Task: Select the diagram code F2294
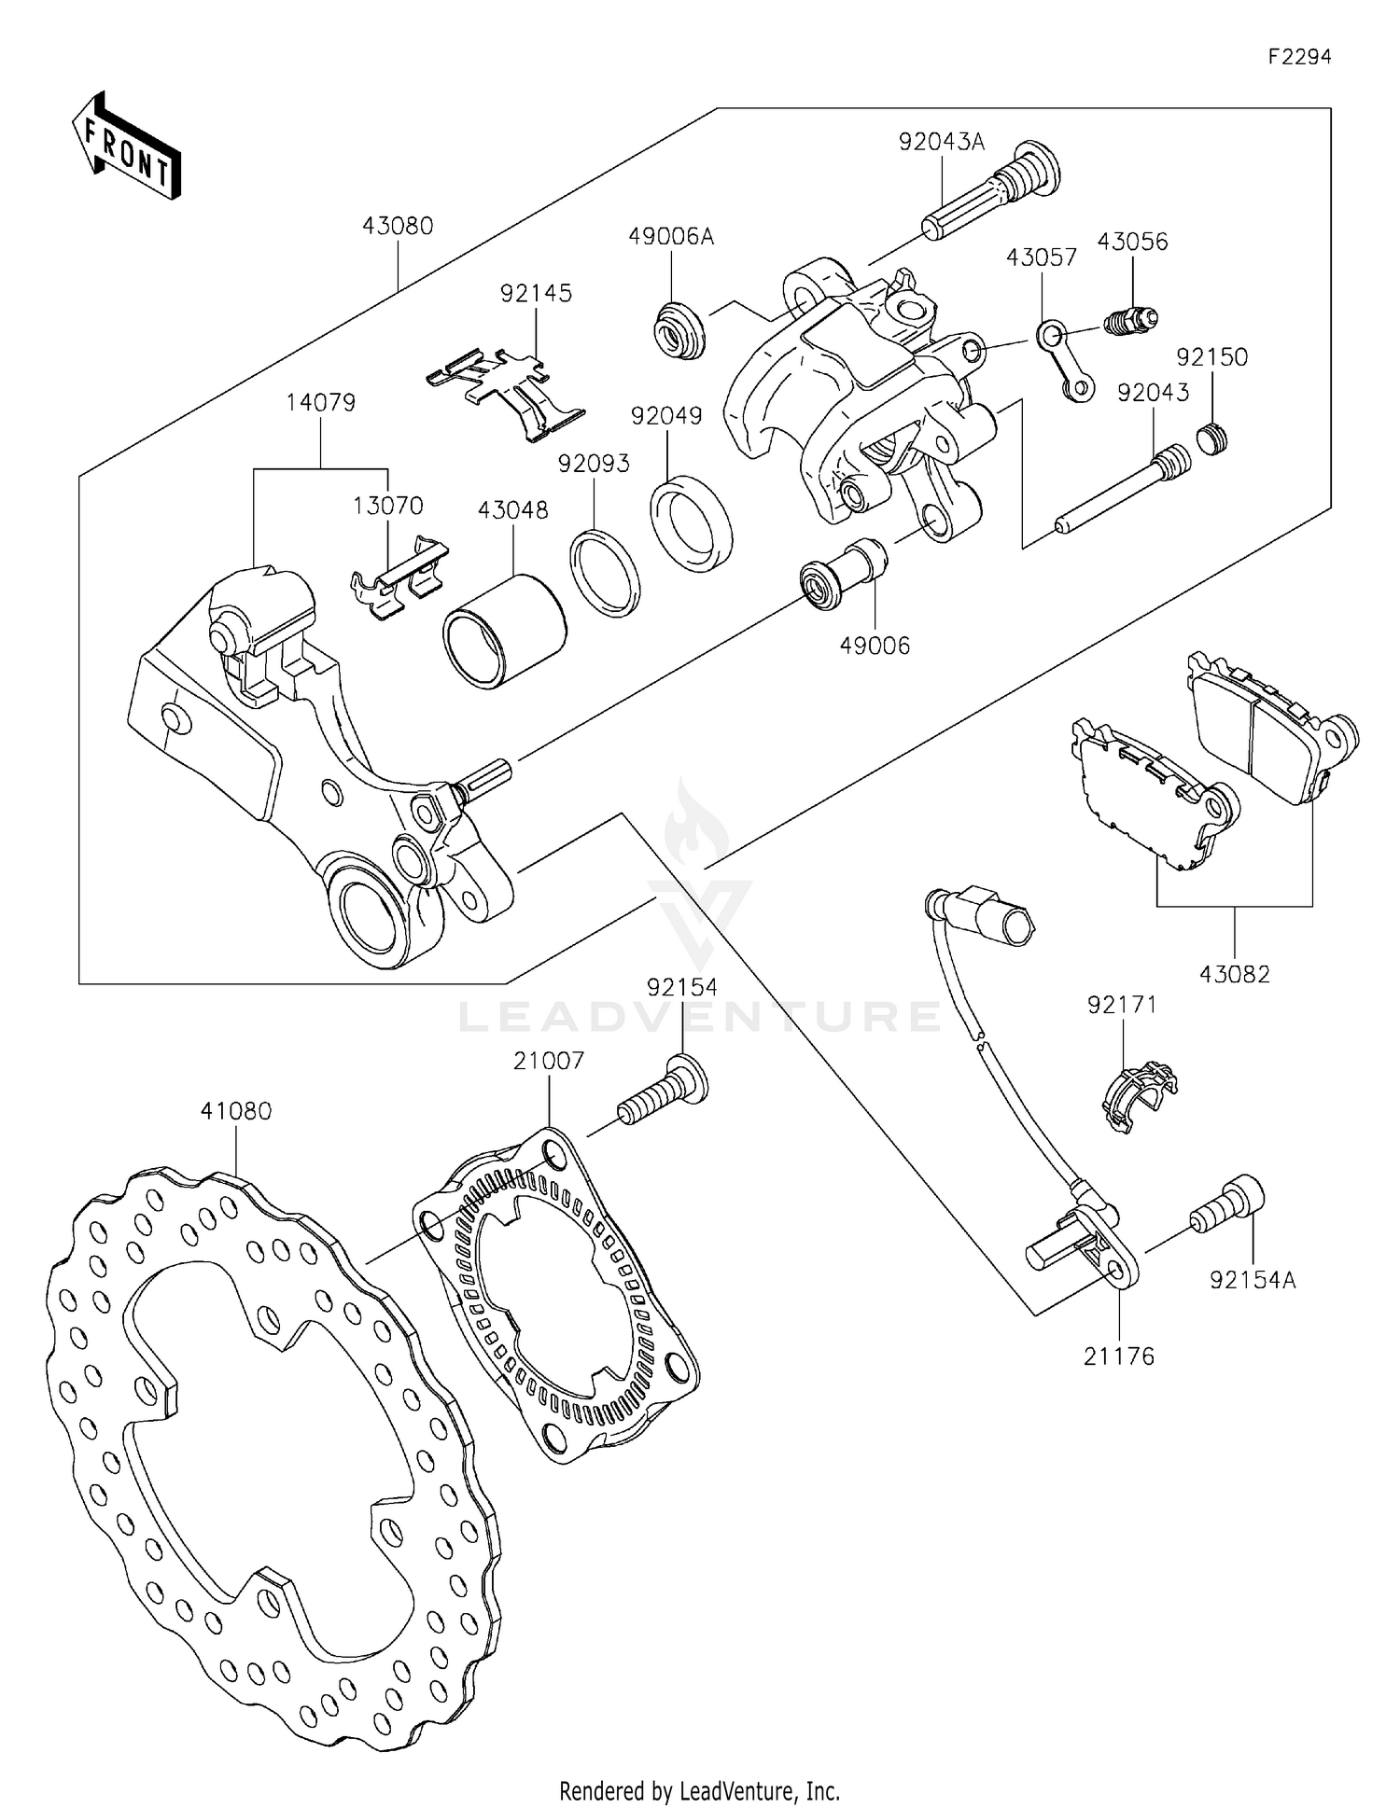pos(1298,57)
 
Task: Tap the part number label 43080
pos(399,226)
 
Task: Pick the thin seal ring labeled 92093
pos(605,573)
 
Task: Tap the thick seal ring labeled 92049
pos(691,522)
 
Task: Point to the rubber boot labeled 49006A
pos(679,328)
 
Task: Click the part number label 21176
pos(1119,1356)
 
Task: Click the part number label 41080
pos(235,1111)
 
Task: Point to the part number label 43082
pos(1235,974)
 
